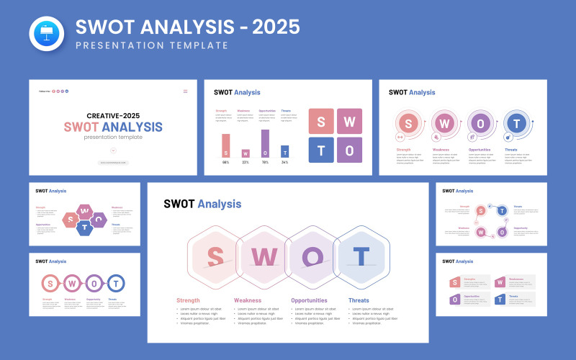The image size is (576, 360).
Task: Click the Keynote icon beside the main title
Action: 47,34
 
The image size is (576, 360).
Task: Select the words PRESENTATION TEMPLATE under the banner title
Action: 151,45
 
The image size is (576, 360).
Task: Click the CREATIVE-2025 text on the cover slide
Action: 113,115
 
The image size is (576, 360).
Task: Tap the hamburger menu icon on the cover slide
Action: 185,91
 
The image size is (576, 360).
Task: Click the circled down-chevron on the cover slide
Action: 113,150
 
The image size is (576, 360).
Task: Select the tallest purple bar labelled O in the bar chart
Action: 265,143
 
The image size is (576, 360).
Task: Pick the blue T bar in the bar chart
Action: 284,151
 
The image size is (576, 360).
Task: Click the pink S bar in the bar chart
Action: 225,145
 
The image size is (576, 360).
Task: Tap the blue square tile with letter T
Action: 321,150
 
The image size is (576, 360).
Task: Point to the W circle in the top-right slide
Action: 444,122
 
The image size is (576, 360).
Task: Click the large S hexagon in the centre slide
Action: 215,256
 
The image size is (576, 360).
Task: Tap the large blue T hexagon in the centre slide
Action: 361,256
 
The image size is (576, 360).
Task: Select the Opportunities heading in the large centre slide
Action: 309,300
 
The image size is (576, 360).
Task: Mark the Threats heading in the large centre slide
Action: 359,300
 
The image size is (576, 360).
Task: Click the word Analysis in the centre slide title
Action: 220,204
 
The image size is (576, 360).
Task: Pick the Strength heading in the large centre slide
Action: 188,300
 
